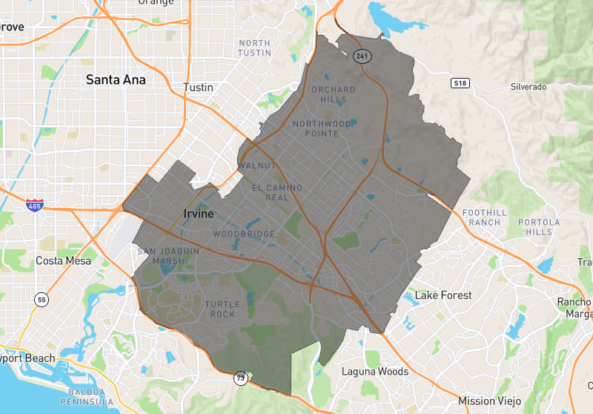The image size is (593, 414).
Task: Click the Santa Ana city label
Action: click(116, 79)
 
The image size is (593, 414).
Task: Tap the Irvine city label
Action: click(198, 214)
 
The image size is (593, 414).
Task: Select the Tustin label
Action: click(198, 88)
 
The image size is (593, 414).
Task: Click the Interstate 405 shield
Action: click(33, 203)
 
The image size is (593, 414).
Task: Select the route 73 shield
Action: click(241, 378)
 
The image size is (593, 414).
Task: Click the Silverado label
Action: click(529, 87)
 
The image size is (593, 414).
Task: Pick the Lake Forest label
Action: click(443, 295)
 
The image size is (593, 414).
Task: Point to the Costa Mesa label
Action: click(64, 261)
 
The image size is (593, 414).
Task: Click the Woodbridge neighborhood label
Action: click(244, 234)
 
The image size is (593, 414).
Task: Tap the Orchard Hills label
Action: click(334, 94)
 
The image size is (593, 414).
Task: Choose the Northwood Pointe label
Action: click(322, 128)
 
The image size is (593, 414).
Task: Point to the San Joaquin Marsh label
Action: click(168, 256)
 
